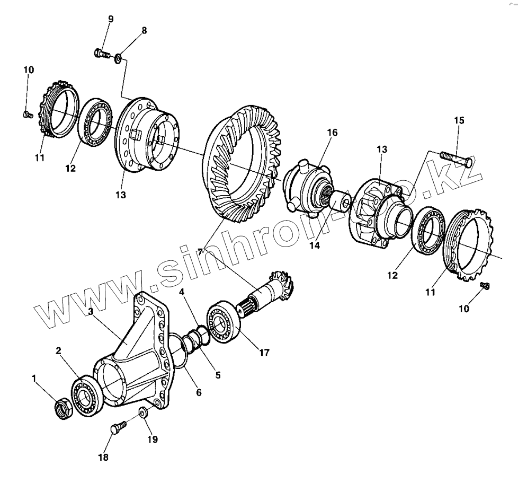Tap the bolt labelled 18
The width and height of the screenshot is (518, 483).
click(x=118, y=426)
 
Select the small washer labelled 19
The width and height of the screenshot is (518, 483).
click(x=143, y=412)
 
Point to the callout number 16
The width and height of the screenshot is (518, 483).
click(x=332, y=131)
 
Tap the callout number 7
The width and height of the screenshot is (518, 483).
click(x=201, y=251)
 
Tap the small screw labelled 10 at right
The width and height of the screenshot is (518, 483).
click(x=485, y=286)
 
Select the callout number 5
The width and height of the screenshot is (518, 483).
click(x=217, y=375)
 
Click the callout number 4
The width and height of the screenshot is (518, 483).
click(x=182, y=292)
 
